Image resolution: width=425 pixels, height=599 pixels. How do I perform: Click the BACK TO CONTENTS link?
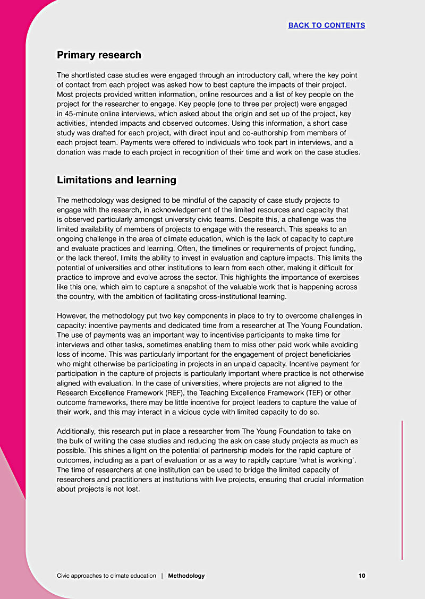pos(326,25)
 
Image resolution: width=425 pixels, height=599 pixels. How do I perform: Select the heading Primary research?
pos(99,55)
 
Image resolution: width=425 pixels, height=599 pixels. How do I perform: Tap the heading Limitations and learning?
pos(116,180)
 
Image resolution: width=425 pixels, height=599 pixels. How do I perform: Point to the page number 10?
pos(362,576)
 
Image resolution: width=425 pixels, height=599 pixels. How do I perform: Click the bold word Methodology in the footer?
pos(186,576)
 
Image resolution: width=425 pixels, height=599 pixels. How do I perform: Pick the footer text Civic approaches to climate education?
pos(106,576)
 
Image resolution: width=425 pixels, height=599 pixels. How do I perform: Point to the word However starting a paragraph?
pos(73,316)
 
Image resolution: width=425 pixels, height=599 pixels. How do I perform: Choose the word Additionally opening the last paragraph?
pos(78,431)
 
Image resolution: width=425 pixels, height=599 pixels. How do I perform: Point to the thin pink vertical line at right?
pos(402,489)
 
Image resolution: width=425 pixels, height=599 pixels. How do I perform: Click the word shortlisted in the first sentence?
pos(90,75)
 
